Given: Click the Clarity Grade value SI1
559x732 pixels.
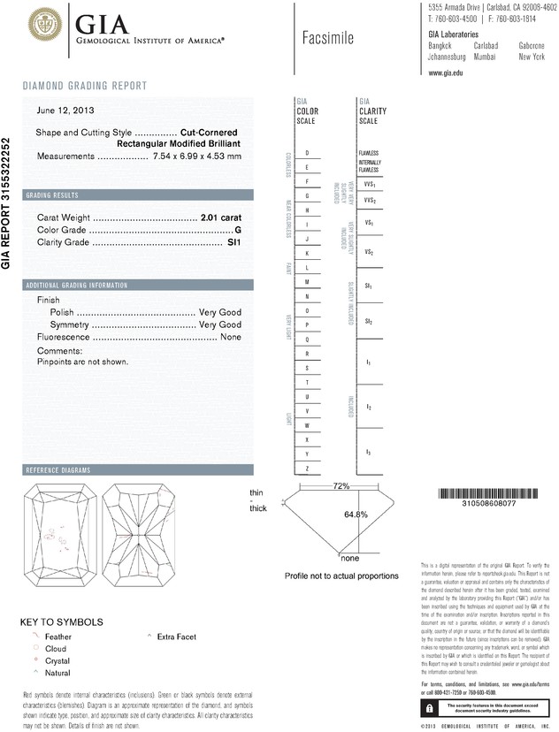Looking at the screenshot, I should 234,241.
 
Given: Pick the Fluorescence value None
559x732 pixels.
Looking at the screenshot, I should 230,337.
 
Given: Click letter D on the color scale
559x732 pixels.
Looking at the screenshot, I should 307,153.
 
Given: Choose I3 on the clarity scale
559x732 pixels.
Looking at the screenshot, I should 368,453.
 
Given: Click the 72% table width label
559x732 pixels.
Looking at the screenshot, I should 341,486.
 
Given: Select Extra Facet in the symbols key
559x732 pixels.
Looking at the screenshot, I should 177,637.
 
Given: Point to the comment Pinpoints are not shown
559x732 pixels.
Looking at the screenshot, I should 83,362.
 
